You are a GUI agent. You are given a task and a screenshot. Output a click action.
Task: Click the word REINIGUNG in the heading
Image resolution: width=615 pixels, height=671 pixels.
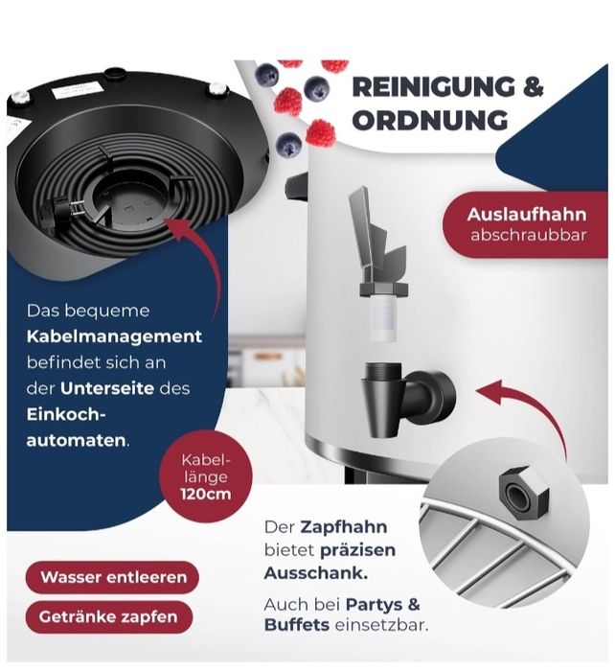pyautogui.click(x=434, y=87)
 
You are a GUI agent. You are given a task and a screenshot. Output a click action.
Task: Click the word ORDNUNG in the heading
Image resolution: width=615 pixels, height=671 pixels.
pyautogui.click(x=430, y=120)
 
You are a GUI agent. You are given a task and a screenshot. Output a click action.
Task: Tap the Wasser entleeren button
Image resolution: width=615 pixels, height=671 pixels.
pyautogui.click(x=112, y=577)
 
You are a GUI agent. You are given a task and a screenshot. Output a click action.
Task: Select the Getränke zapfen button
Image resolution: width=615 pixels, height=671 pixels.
pyautogui.click(x=108, y=616)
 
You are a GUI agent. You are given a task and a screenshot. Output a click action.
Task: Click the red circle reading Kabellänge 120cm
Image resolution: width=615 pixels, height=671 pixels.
pyautogui.click(x=206, y=476)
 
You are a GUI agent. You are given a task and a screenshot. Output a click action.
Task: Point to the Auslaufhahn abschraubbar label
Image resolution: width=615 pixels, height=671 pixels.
pyautogui.click(x=526, y=224)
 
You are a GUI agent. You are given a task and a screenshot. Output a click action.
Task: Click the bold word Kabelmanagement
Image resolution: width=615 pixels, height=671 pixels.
pyautogui.click(x=114, y=336)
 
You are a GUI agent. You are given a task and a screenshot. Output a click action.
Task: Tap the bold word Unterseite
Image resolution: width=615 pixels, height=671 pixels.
pyautogui.click(x=107, y=388)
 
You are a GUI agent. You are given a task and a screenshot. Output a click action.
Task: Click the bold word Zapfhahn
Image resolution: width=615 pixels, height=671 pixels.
pyautogui.click(x=344, y=527)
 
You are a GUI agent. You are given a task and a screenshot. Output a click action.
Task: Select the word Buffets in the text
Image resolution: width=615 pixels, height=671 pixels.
pyautogui.click(x=297, y=625)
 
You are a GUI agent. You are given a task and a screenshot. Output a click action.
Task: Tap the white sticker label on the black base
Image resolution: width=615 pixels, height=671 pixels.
pyautogui.click(x=74, y=90)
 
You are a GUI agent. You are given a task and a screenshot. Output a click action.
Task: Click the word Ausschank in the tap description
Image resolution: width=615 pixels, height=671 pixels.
pyautogui.click(x=315, y=572)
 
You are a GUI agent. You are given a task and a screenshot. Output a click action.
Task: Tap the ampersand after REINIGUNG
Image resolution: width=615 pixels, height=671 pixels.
pyautogui.click(x=533, y=87)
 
